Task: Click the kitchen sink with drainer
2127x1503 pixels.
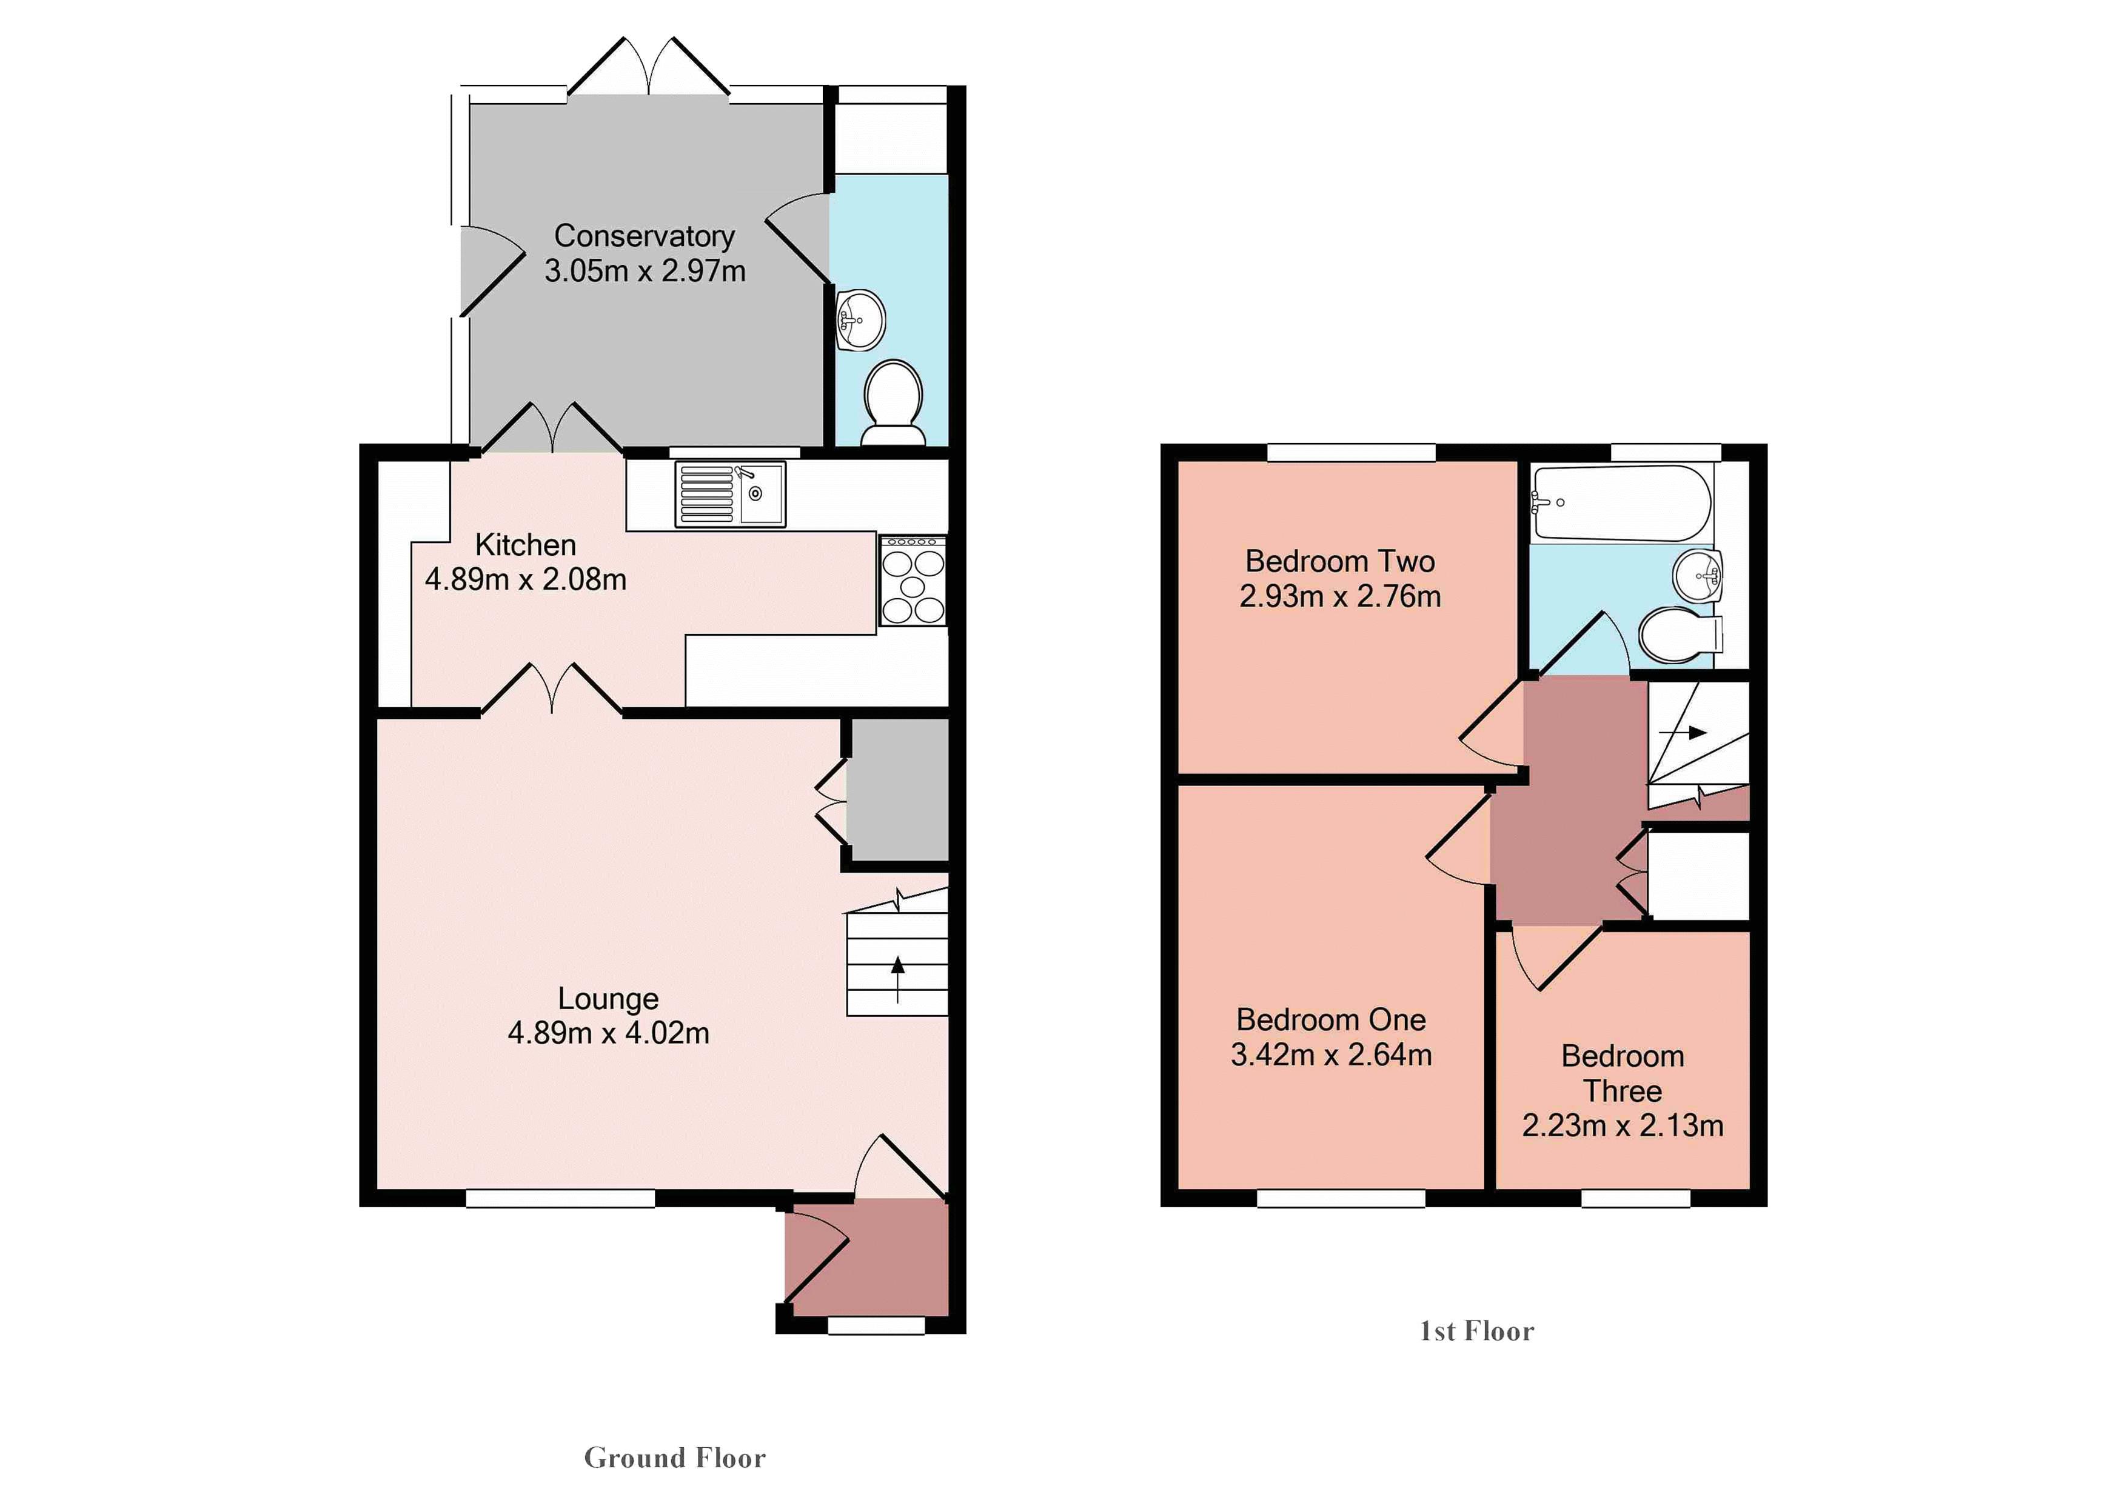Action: [730, 495]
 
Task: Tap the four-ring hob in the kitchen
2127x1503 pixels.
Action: [913, 581]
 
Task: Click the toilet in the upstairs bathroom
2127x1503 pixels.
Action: [1679, 635]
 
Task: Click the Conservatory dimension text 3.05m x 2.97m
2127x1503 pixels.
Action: [645, 272]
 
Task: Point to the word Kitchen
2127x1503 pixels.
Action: [525, 544]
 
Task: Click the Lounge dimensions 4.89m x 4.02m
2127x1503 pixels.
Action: [609, 1033]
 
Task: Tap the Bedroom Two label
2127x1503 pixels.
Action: [1339, 561]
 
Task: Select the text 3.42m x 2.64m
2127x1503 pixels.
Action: [1331, 1055]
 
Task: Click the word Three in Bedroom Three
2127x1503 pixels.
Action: [1622, 1090]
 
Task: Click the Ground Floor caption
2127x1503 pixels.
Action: [674, 1458]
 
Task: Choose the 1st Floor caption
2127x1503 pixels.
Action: [1476, 1331]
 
